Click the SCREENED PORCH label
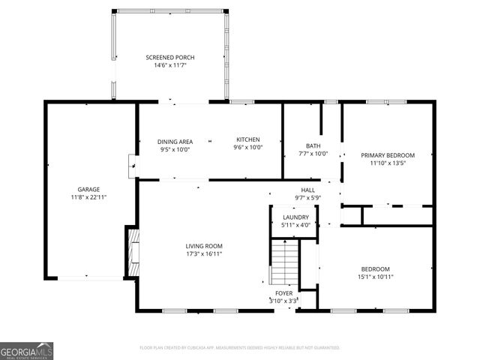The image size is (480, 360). (x=170, y=57)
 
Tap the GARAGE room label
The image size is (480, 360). (x=89, y=189)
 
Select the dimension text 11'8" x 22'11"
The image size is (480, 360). (x=89, y=197)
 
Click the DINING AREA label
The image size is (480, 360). (x=175, y=141)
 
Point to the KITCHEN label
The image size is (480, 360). (x=248, y=139)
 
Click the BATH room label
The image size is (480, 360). (x=313, y=145)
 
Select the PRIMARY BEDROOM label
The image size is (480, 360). (x=388, y=155)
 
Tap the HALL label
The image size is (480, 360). (x=307, y=190)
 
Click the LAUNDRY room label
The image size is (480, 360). (x=295, y=217)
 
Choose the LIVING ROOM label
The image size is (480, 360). (x=204, y=246)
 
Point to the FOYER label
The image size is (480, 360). (x=283, y=293)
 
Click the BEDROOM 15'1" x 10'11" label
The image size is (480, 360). (x=375, y=269)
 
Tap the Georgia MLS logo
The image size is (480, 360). (x=26, y=350)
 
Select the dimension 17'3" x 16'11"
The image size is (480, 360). (x=204, y=253)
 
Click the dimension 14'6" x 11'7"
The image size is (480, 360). (x=170, y=65)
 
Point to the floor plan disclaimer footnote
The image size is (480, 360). (x=240, y=348)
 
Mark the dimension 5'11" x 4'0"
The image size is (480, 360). (x=295, y=225)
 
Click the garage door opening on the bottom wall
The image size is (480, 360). (x=88, y=278)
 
